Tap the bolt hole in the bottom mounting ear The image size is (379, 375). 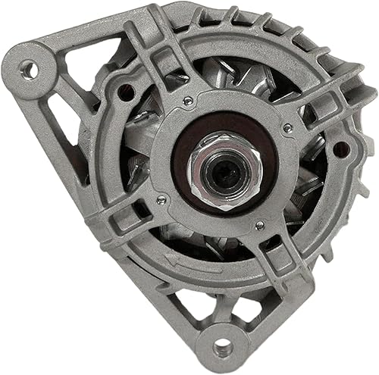point(221,347)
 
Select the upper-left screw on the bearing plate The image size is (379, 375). point(187,100)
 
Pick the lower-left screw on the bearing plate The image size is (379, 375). point(160,199)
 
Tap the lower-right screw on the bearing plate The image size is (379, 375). point(259,225)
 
